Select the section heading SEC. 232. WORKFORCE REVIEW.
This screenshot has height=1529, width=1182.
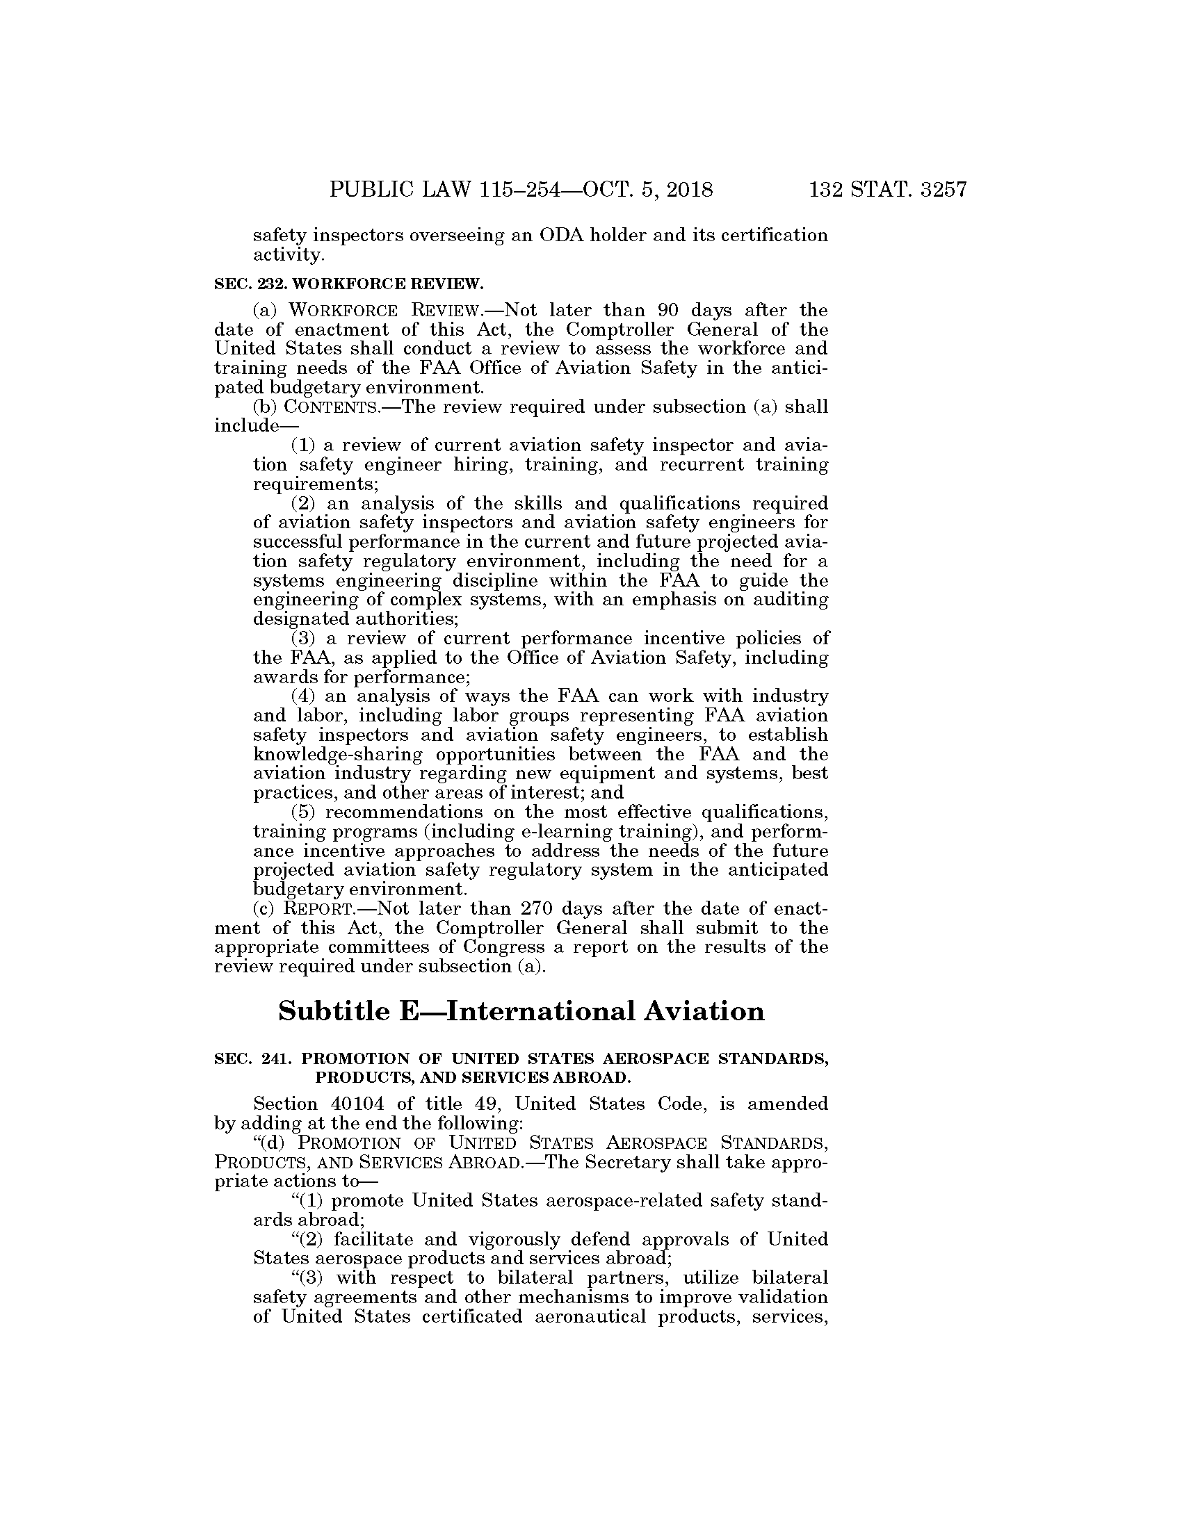(x=348, y=284)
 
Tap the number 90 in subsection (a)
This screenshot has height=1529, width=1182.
(x=670, y=309)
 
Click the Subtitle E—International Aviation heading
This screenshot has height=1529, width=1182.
(x=521, y=1012)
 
